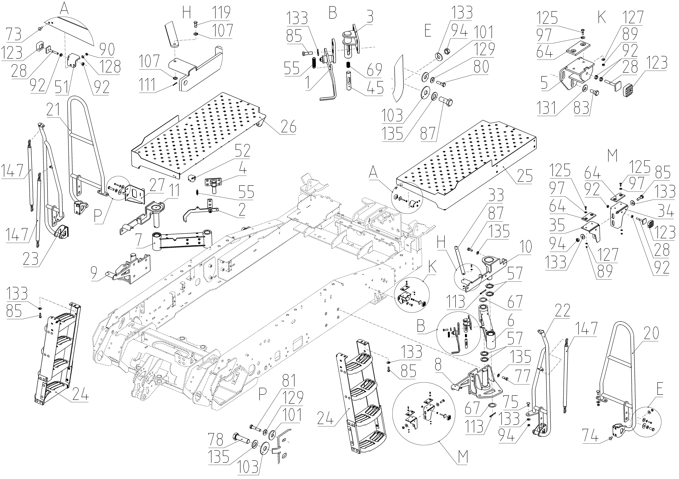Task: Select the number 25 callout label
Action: tap(525, 176)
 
